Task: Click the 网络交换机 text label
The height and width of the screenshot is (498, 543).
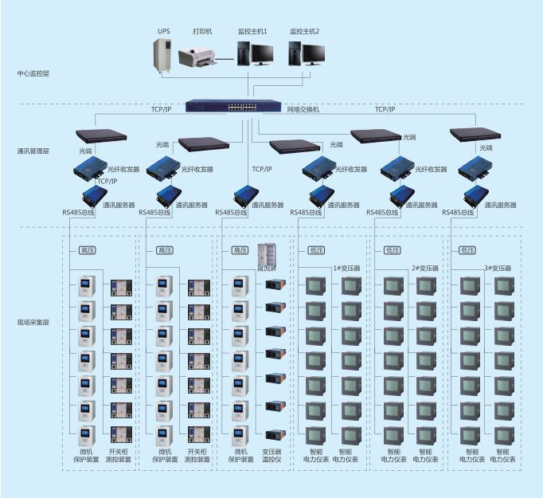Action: pos(303,109)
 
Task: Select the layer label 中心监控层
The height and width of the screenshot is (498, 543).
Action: pos(33,73)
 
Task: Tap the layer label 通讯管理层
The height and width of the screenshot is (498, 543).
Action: pos(33,150)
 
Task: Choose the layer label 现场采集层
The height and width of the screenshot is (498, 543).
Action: pos(33,322)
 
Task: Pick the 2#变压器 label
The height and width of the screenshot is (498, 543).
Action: pos(425,269)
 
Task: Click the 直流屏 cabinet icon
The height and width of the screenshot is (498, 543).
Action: pos(266,254)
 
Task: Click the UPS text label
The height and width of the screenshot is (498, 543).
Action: pos(163,31)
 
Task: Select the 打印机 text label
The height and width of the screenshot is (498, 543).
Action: pos(202,31)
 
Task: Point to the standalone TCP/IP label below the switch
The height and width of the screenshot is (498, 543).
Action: pos(262,169)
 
